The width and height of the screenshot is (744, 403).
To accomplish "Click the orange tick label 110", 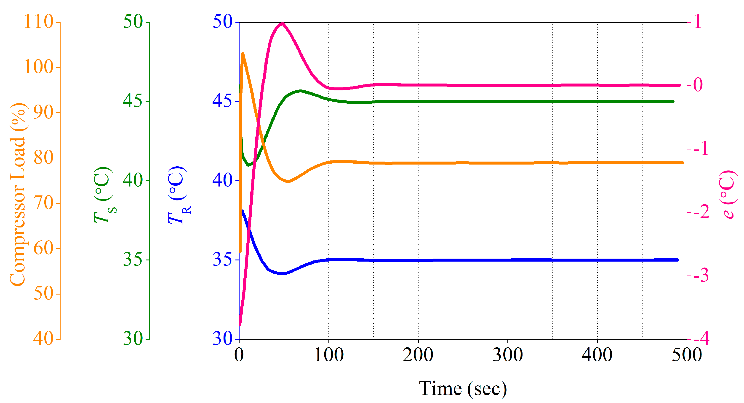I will [39, 22].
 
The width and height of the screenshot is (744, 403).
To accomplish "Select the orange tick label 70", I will [43, 203].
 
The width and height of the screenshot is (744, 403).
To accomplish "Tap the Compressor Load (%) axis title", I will [18, 194].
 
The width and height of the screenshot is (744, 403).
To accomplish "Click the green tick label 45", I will [133, 101].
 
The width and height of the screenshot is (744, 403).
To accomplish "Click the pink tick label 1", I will [698, 22].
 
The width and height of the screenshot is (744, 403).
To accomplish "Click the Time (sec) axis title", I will [463, 389].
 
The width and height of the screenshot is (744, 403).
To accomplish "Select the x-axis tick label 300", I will [507, 355].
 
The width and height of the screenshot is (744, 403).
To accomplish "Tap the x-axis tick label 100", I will [329, 355].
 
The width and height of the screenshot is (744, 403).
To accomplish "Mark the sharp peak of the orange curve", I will [243, 54].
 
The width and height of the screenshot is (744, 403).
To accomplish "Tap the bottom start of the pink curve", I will [240, 325].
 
